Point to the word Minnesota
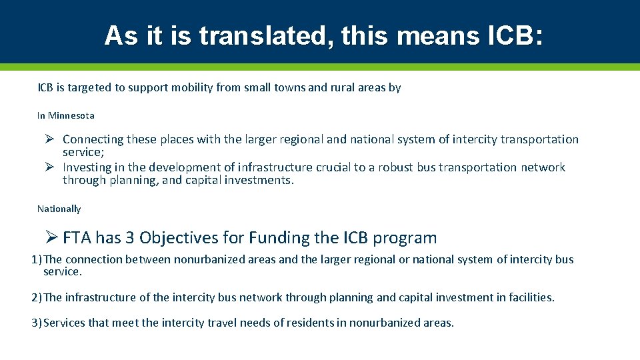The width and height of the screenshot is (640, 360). (71, 115)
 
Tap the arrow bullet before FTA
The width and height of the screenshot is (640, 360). (53, 237)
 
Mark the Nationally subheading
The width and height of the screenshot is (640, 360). (59, 209)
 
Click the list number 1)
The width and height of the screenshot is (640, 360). (37, 259)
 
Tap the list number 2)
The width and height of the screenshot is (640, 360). (37, 297)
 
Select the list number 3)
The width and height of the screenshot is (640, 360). (37, 323)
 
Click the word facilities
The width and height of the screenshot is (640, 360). (531, 297)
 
